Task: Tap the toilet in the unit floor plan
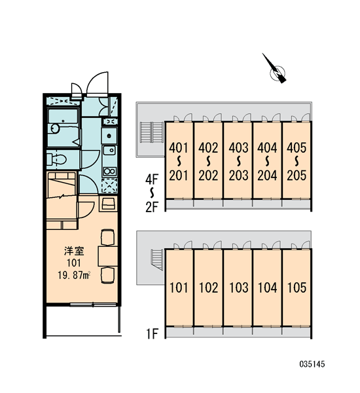tap(57, 159)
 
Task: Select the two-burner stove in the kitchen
tap(109, 172)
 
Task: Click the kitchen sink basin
tap(109, 150)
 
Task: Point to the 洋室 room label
tap(74, 251)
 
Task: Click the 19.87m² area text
tap(74, 276)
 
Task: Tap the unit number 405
tap(297, 148)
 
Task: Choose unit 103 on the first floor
tap(238, 288)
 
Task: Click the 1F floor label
tap(152, 333)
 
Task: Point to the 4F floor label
tap(152, 179)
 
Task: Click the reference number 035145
tap(312, 364)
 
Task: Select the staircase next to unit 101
tap(157, 259)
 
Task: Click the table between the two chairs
tap(108, 256)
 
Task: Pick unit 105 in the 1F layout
tap(297, 288)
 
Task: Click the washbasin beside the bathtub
tap(55, 128)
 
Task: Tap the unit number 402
tap(208, 148)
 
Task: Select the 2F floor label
tap(152, 207)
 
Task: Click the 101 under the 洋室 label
tap(74, 263)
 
